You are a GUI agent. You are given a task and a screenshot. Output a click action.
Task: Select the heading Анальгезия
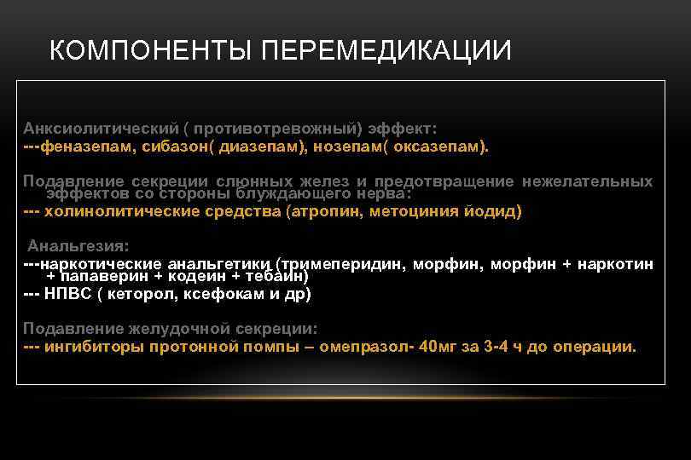[78, 245]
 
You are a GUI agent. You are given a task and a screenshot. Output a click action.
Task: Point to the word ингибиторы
[93, 347]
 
